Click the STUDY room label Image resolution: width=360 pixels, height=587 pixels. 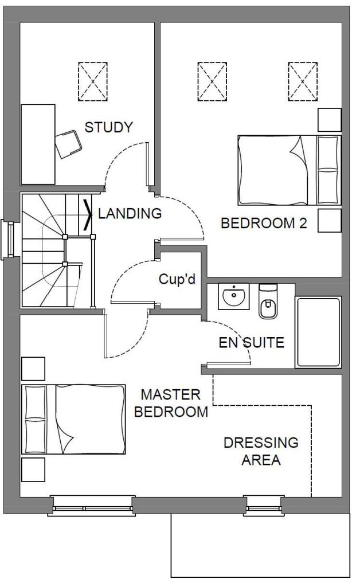click(108, 127)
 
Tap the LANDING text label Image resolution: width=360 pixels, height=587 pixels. click(130, 214)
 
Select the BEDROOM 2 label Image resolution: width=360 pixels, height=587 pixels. click(264, 224)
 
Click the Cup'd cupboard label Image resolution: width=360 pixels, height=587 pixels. click(177, 280)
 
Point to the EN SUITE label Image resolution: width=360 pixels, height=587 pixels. click(252, 343)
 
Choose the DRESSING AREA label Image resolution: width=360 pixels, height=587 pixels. click(261, 451)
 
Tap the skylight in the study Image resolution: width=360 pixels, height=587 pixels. click(92, 81)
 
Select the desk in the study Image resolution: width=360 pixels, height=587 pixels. click(38, 144)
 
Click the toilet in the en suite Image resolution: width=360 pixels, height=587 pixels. click(268, 302)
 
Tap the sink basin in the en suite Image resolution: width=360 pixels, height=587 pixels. click(234, 297)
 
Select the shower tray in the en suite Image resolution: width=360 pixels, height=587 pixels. click(318, 332)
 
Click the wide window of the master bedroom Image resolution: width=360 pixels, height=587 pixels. click(92, 505)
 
